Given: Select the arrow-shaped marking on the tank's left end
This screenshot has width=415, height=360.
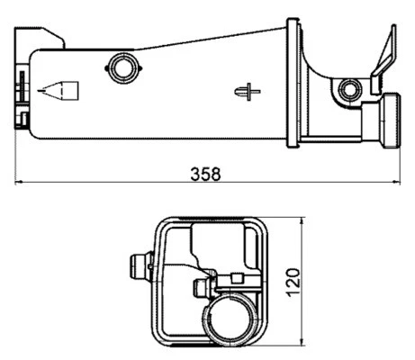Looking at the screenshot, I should point(61,91).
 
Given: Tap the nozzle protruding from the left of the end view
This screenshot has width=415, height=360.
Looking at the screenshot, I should point(137,265).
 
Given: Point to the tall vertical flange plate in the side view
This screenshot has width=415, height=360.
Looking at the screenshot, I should point(293,81).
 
